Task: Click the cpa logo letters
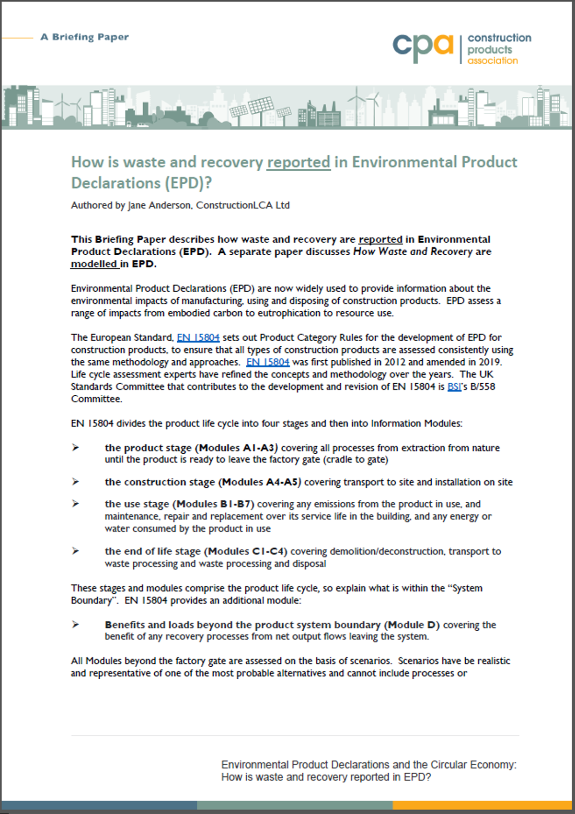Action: (423, 47)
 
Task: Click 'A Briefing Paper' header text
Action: (85, 37)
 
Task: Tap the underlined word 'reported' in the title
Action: (299, 163)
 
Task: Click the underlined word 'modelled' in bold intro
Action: (94, 264)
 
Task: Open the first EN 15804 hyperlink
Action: (198, 338)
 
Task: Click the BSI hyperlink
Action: (454, 387)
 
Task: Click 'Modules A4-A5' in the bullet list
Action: (260, 482)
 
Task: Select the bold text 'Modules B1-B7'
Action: (214, 504)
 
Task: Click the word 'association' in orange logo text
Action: (493, 61)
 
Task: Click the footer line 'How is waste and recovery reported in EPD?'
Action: (326, 777)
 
